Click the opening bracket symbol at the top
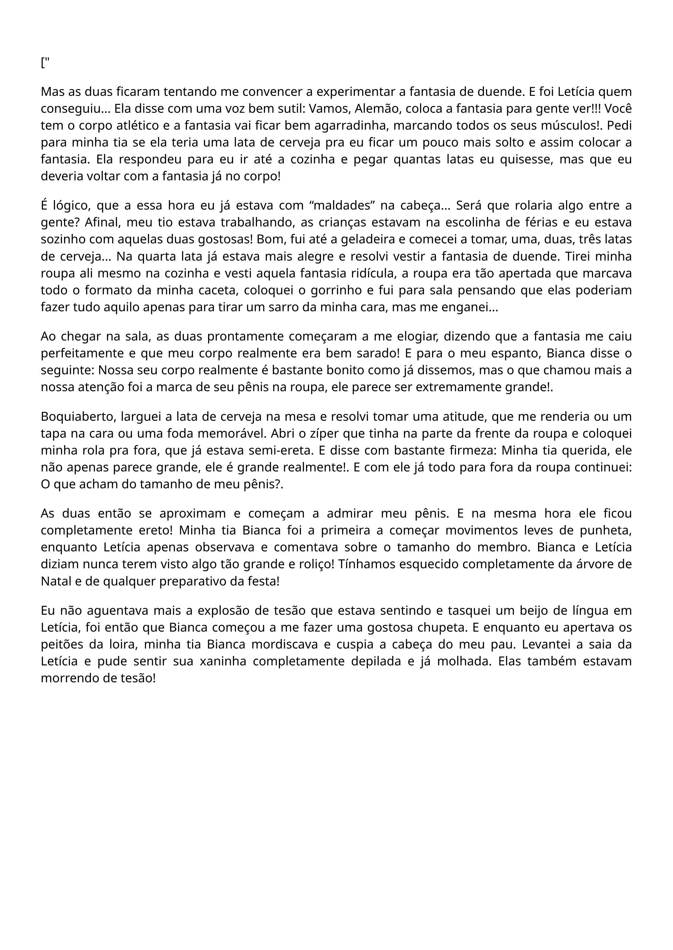43,63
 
